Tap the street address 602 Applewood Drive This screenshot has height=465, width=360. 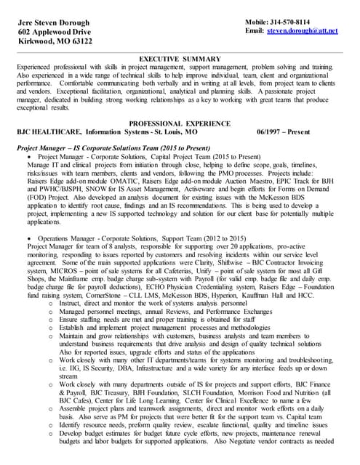(55, 33)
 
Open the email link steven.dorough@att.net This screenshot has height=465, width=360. (303, 32)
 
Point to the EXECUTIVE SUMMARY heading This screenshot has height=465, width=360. (180, 58)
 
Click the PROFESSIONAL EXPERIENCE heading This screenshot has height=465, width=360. (180, 124)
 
